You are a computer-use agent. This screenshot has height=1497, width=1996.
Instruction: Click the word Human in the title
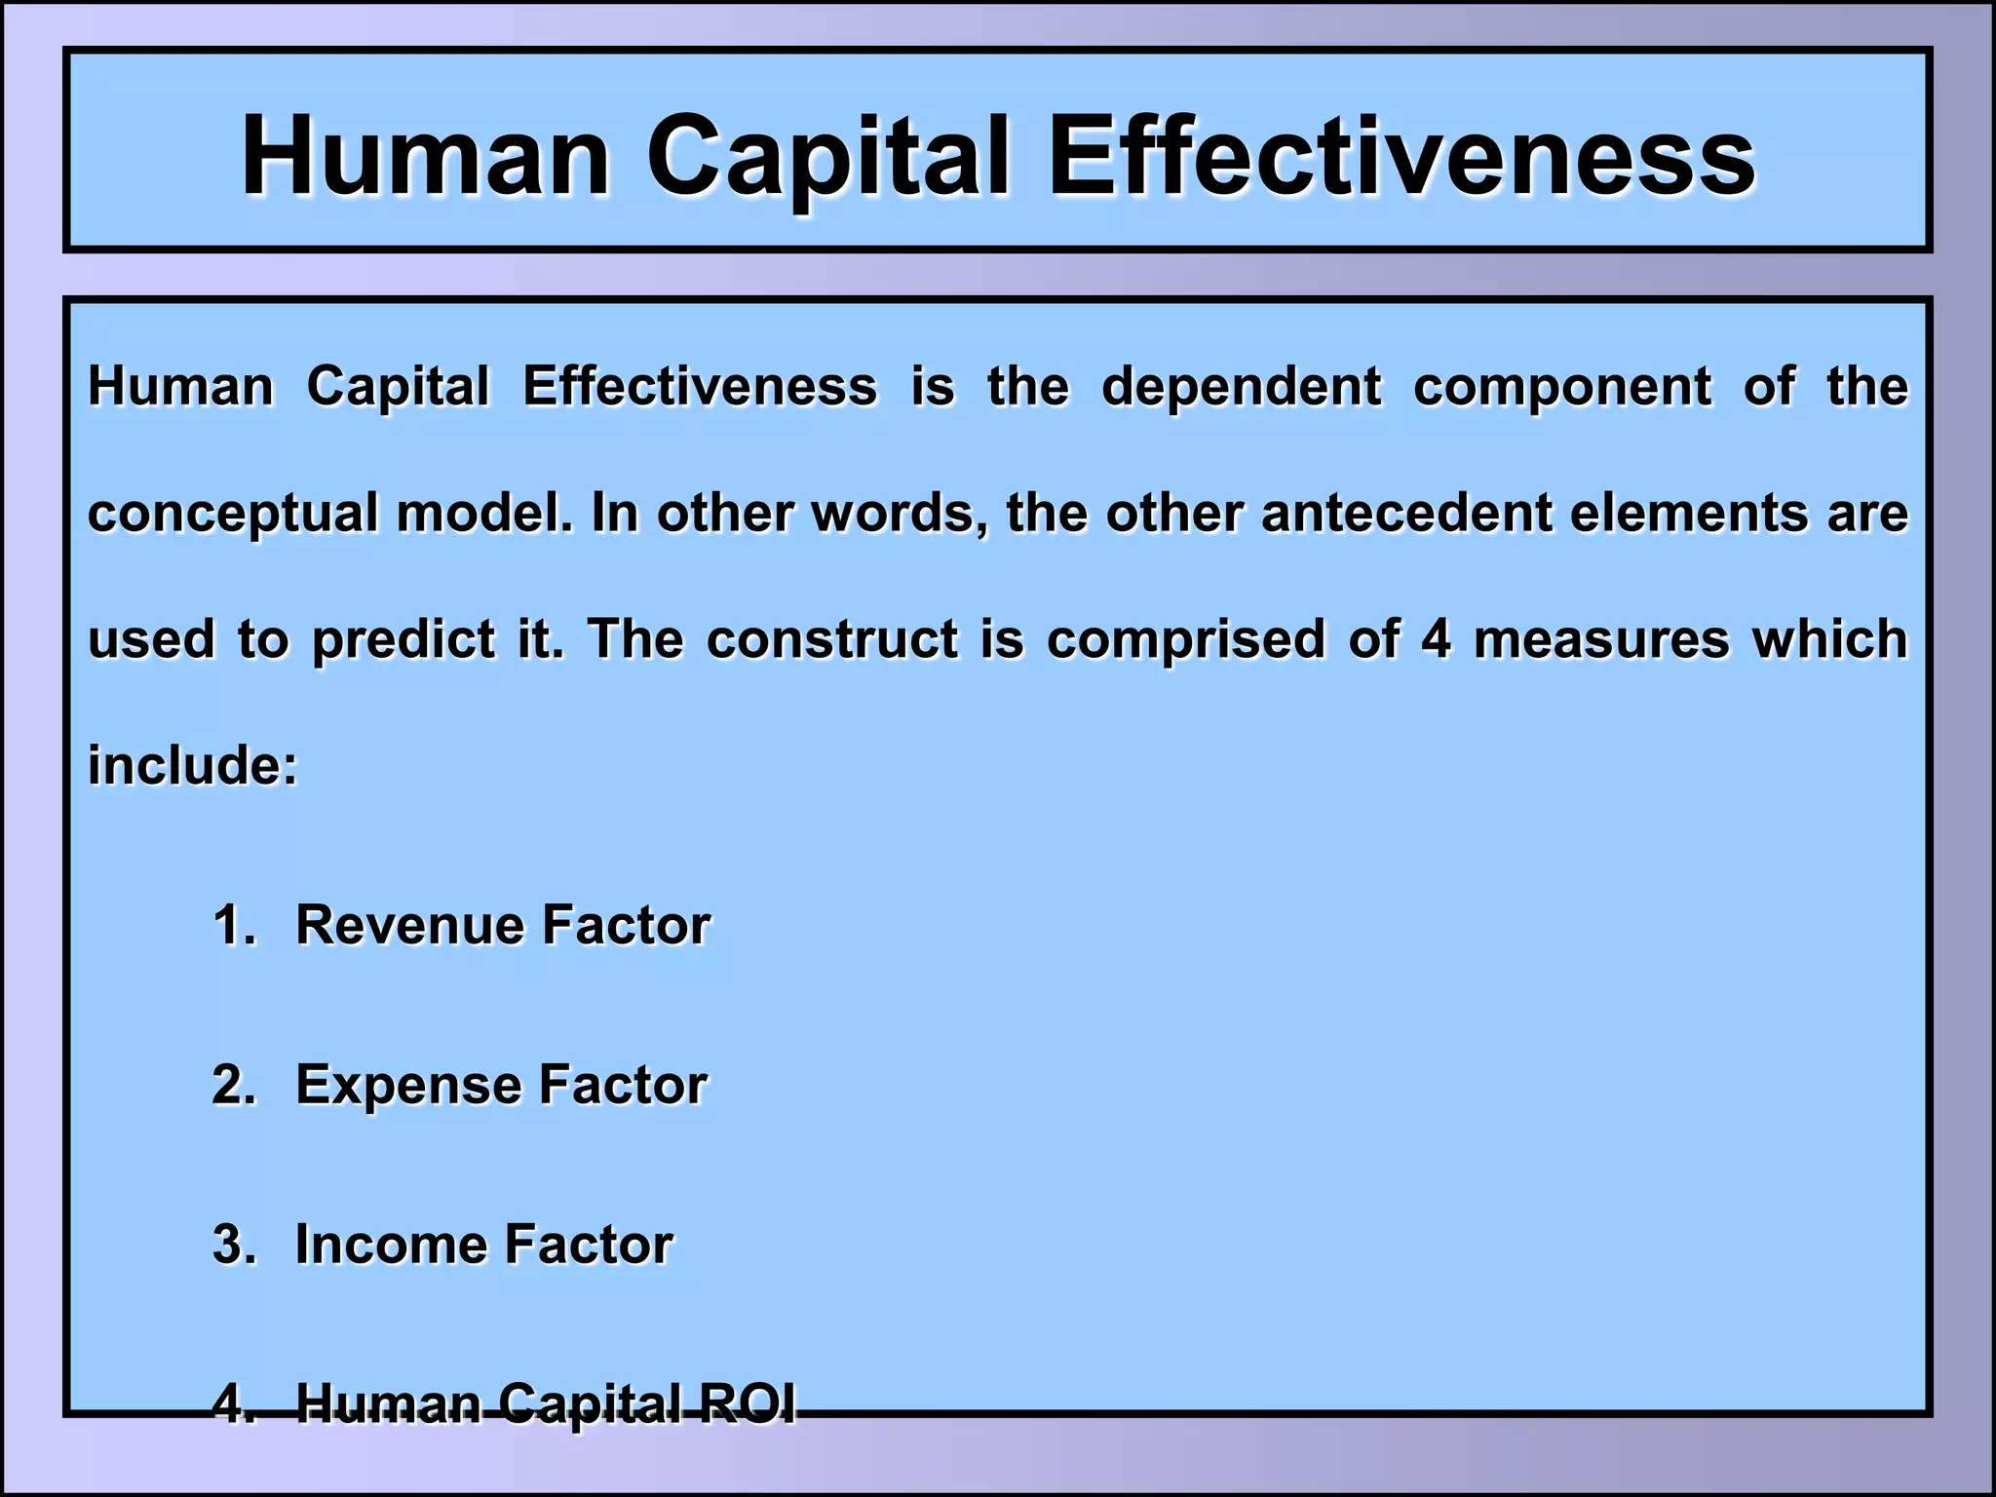tap(426, 156)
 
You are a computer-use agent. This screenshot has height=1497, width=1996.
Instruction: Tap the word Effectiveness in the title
tap(1401, 156)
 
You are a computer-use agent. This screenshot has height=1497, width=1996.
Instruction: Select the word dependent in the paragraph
tap(1241, 387)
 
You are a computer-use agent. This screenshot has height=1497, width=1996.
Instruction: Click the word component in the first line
tap(1561, 387)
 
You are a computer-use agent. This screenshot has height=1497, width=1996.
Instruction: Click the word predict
tap(403, 641)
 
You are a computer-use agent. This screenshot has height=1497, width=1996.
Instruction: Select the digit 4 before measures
tap(1436, 639)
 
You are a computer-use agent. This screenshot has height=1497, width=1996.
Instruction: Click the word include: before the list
tap(193, 766)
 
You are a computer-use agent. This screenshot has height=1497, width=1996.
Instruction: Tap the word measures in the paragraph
tap(1600, 639)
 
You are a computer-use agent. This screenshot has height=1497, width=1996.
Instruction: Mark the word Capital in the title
tap(827, 156)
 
